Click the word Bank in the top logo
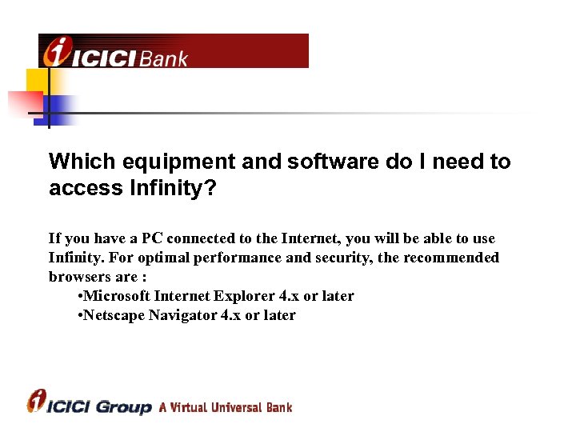(x=164, y=58)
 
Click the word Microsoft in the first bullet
(x=117, y=296)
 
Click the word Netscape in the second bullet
(x=114, y=315)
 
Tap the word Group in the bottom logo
(x=123, y=407)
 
